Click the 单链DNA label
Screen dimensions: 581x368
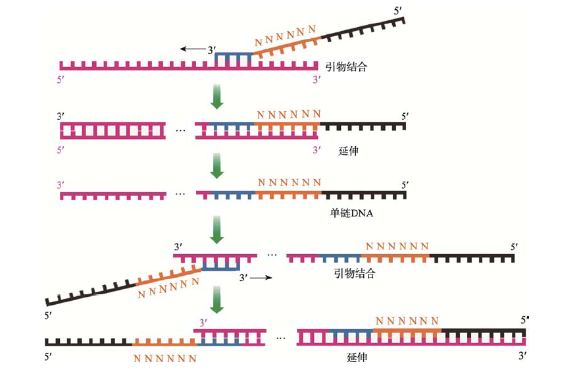click(351, 213)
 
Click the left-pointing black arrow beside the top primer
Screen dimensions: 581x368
click(193, 49)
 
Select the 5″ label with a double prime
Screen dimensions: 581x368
click(524, 320)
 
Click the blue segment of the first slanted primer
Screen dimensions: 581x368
click(234, 59)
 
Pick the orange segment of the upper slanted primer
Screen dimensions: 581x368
click(287, 47)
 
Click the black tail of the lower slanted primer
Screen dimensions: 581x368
click(91, 293)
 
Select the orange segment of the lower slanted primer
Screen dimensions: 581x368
click(169, 277)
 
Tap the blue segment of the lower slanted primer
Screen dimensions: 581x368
click(221, 265)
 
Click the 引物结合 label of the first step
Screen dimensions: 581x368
click(347, 66)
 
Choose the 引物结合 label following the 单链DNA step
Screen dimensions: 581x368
click(355, 273)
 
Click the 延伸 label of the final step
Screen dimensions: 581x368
click(357, 357)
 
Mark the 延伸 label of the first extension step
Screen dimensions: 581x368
click(348, 151)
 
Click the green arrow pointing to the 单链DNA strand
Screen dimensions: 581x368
click(216, 166)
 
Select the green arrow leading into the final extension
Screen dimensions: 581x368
click(216, 300)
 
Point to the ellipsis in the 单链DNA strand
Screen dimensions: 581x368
click(180, 194)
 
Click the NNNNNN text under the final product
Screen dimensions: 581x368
click(165, 358)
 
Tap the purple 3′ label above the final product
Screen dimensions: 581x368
click(203, 323)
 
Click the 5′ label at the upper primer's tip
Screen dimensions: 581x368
click(398, 11)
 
